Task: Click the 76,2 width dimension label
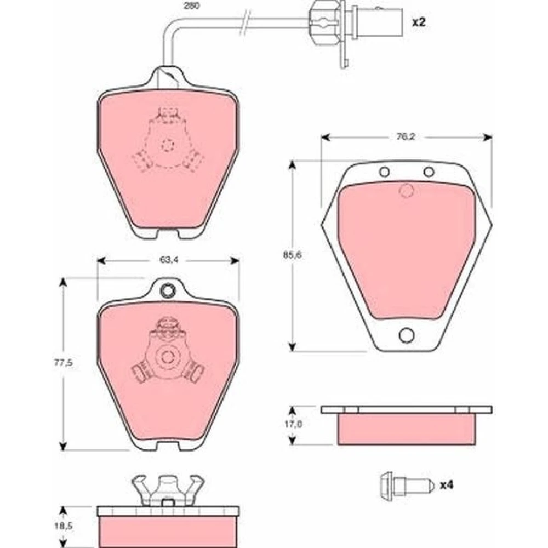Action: click(x=406, y=136)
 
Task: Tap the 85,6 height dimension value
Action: click(x=292, y=255)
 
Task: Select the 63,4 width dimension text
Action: click(x=169, y=260)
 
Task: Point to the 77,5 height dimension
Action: click(x=63, y=363)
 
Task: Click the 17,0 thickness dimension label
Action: click(x=293, y=424)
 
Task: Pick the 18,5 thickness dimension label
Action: click(x=63, y=526)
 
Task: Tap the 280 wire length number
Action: click(x=192, y=6)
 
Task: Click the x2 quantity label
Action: click(x=419, y=22)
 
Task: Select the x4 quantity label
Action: click(x=446, y=485)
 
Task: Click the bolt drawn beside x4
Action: click(x=407, y=486)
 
